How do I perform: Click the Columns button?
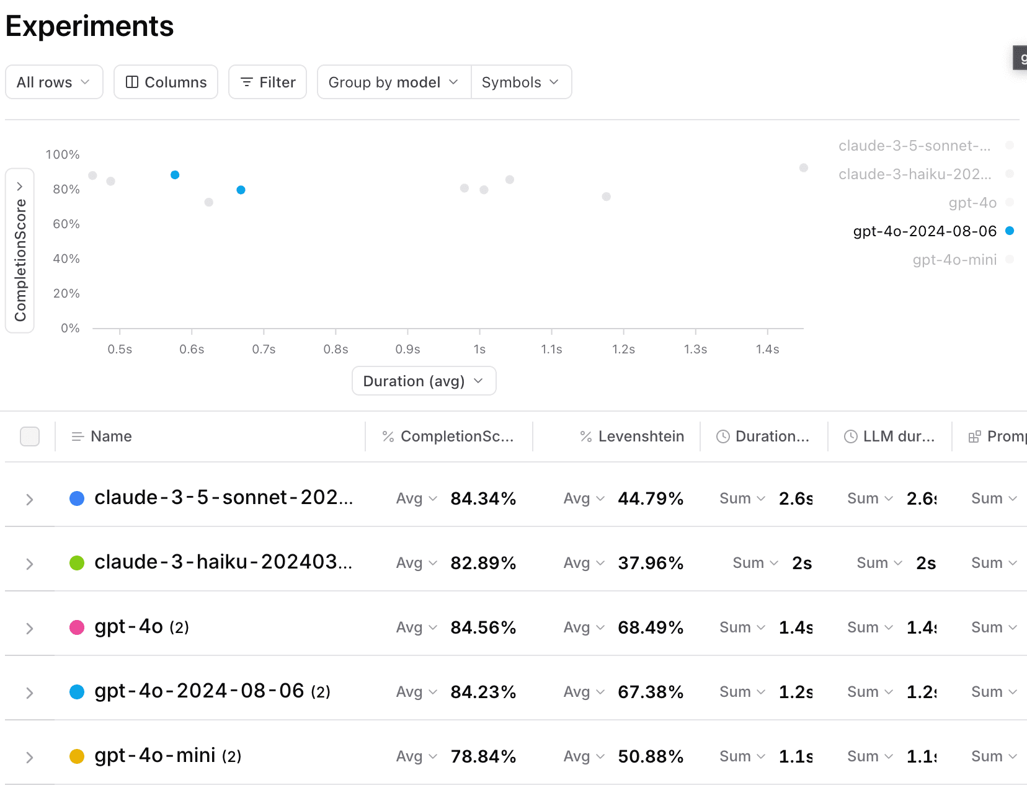pyautogui.click(x=166, y=82)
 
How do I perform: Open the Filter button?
pyautogui.click(x=267, y=82)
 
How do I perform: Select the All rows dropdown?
pyautogui.click(x=54, y=82)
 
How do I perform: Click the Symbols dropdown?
pyautogui.click(x=521, y=82)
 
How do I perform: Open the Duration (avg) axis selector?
pyautogui.click(x=424, y=381)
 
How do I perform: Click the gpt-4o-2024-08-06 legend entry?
pyautogui.click(x=925, y=231)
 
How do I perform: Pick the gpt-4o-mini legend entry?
pyautogui.click(x=954, y=260)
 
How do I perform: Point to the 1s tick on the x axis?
pyautogui.click(x=479, y=349)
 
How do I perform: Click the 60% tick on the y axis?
pyautogui.click(x=66, y=224)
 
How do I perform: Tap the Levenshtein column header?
pyautogui.click(x=641, y=436)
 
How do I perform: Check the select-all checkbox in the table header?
pyautogui.click(x=30, y=436)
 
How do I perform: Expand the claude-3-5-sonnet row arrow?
pyautogui.click(x=29, y=499)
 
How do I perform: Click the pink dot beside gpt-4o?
pyautogui.click(x=77, y=627)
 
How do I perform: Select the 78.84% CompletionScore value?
pyautogui.click(x=483, y=756)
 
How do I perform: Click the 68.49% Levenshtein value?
pyautogui.click(x=651, y=627)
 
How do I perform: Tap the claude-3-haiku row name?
pyautogui.click(x=223, y=562)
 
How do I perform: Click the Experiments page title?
pyautogui.click(x=89, y=26)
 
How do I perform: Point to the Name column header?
pyautogui.click(x=111, y=436)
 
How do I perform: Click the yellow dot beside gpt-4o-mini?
pyautogui.click(x=77, y=756)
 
